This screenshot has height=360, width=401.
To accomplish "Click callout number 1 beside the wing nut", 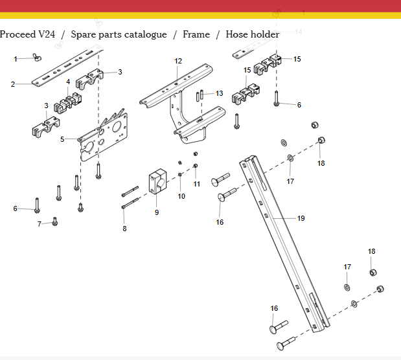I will click(x=16, y=59).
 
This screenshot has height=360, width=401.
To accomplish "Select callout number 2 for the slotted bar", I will click(x=13, y=84).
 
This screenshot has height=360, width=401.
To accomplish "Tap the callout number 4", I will click(x=68, y=82).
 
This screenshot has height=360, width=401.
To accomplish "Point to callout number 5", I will click(x=62, y=139).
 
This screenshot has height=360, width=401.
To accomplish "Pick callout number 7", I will click(x=39, y=224).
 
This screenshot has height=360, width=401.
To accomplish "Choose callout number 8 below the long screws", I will click(x=124, y=229).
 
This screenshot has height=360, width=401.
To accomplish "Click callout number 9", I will click(x=156, y=212).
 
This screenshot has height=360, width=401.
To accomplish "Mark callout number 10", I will click(x=181, y=196).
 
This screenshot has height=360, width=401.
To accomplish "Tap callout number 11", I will click(x=196, y=184).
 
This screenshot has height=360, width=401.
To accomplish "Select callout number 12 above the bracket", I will click(x=178, y=61).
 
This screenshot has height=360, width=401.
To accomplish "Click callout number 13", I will click(x=219, y=93).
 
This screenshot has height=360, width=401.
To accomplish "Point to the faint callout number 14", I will click(x=298, y=32).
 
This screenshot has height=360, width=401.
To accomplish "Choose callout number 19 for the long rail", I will click(x=301, y=218).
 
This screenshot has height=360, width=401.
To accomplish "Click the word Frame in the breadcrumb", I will click(x=196, y=34).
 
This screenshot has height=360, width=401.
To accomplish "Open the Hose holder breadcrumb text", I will click(x=253, y=34).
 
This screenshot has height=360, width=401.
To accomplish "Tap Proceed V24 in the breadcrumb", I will click(x=27, y=34).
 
